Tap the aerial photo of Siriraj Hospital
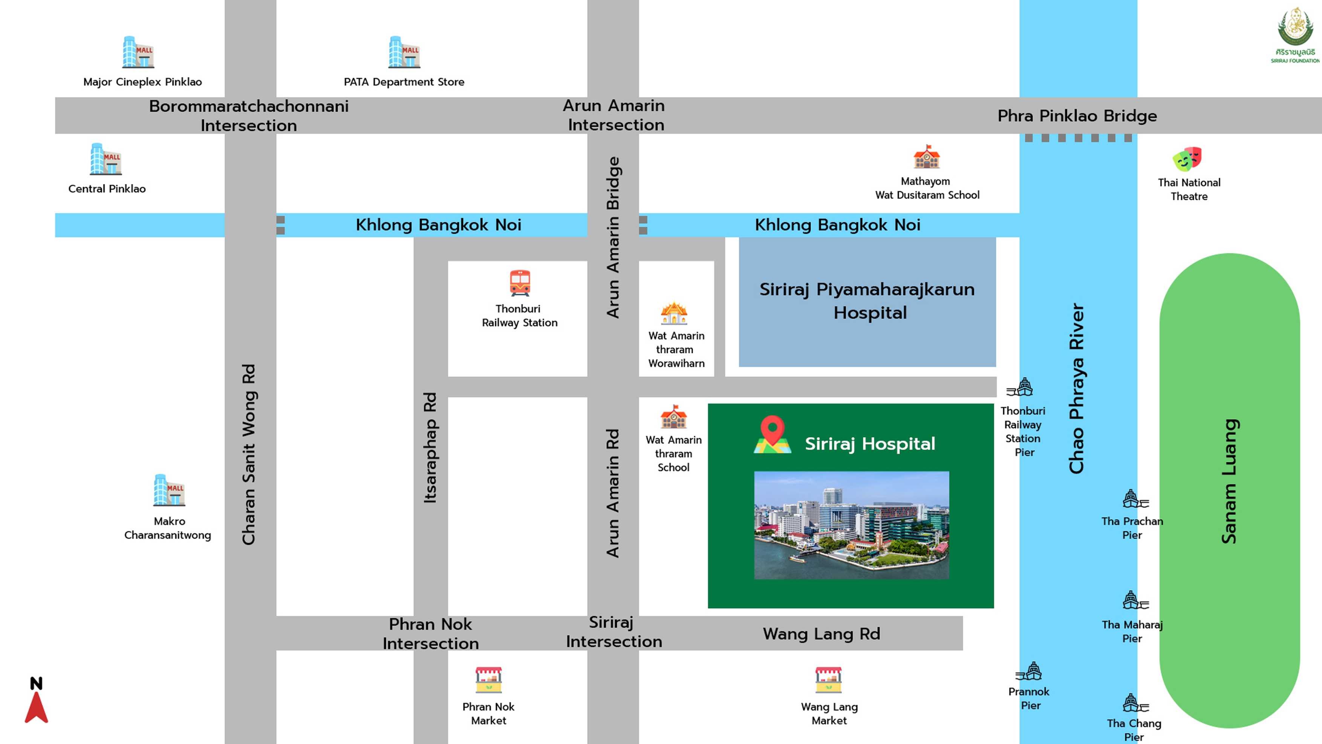click(851, 525)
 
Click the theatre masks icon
click(1187, 159)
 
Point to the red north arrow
click(37, 707)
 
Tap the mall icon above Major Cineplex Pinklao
click(138, 52)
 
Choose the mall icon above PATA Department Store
click(404, 52)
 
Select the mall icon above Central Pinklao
click(106, 159)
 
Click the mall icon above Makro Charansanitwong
click(169, 490)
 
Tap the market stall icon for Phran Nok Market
click(488, 680)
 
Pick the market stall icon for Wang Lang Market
click(828, 680)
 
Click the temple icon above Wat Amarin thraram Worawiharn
click(674, 313)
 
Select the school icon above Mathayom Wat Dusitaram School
click(926, 157)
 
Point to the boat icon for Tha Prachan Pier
click(1135, 499)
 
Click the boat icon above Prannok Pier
click(1029, 672)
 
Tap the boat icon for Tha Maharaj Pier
click(1135, 600)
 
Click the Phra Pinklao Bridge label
click(1077, 115)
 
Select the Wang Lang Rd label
click(821, 634)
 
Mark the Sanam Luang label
click(1229, 481)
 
